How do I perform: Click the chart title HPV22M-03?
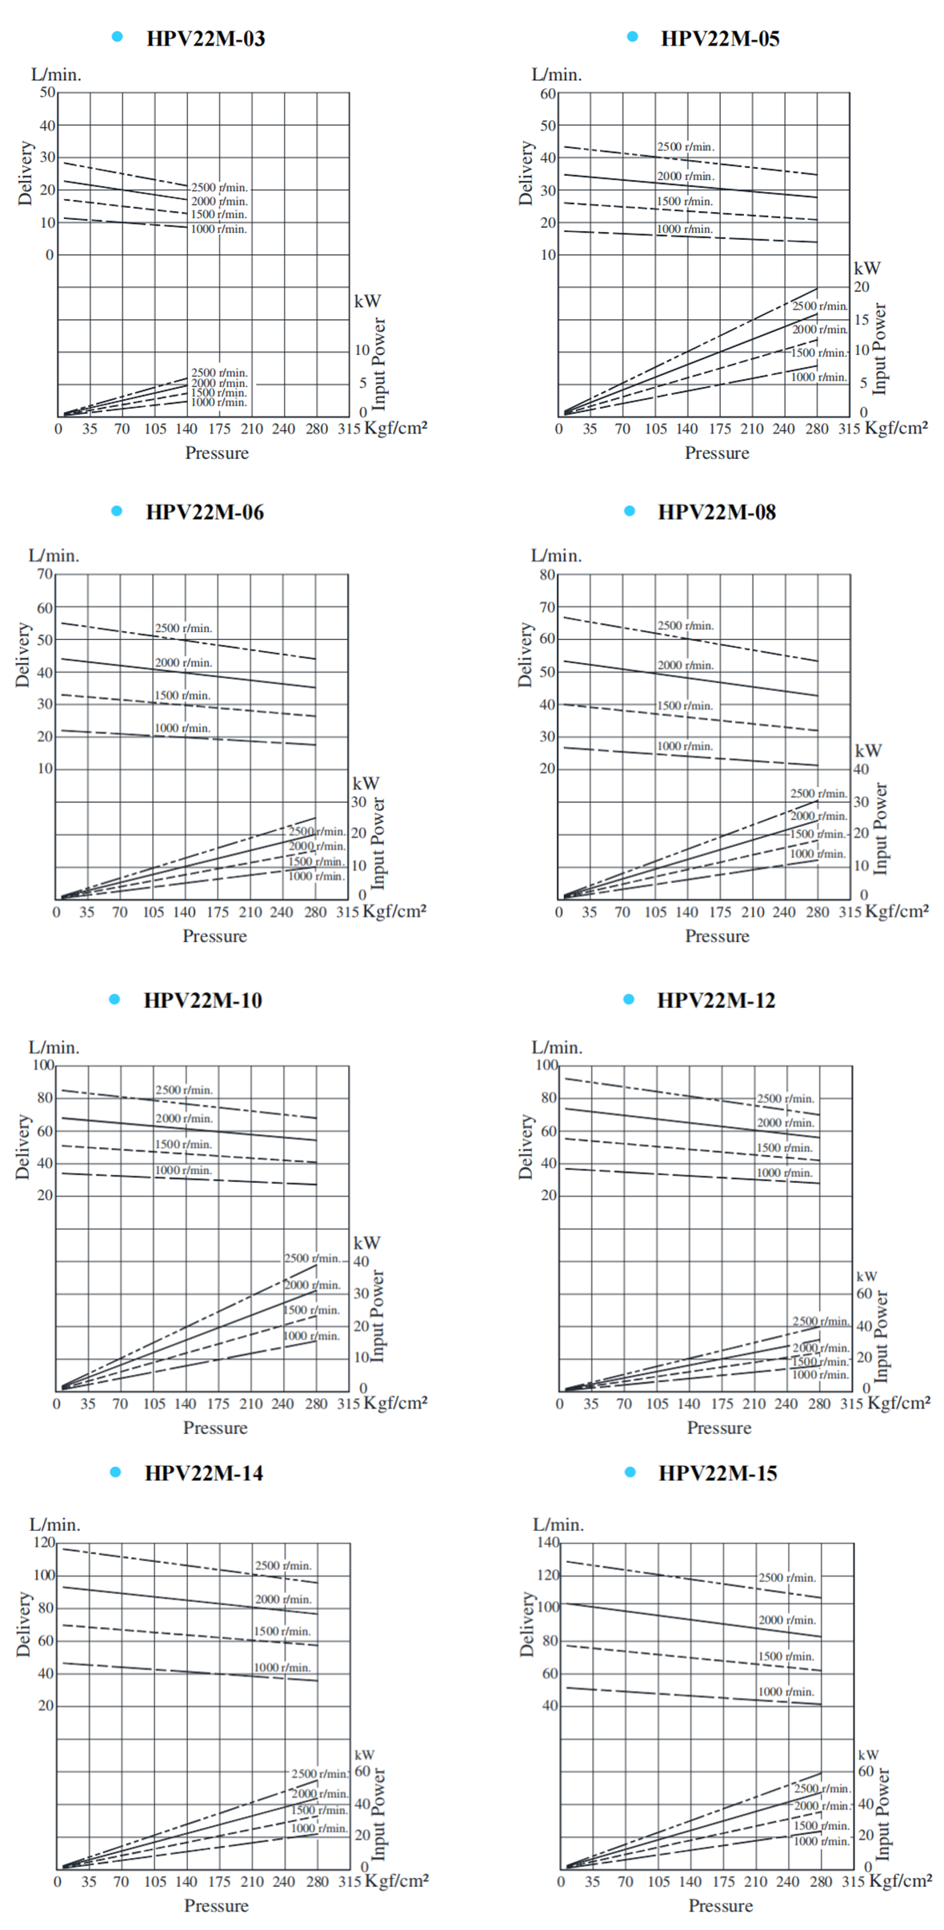coord(206,38)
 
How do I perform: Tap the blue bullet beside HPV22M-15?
coord(630,1472)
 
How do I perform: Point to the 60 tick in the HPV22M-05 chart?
coord(548,94)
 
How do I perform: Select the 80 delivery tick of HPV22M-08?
coord(547,574)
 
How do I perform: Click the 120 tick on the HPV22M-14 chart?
coord(44,1542)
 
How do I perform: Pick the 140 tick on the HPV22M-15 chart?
coord(548,1542)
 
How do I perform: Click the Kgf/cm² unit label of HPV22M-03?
coord(396,427)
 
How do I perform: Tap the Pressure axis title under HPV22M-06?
coord(214,936)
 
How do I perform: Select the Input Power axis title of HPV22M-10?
coord(378,1316)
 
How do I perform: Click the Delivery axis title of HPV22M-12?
coord(526,1147)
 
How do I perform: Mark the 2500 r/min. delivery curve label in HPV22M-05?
coord(686,147)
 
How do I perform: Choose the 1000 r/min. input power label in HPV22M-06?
coord(316,876)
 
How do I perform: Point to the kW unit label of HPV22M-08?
coord(868,750)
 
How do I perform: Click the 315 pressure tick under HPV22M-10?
coord(348,1404)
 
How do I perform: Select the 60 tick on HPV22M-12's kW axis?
coord(865,1293)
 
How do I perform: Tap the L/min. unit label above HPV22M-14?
coord(55,1524)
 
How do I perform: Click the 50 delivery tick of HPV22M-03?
coord(48,93)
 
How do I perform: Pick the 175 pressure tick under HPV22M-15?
coord(723,1881)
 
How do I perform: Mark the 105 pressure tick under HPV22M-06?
coord(153,912)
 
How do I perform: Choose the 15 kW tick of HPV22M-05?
coord(862,320)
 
